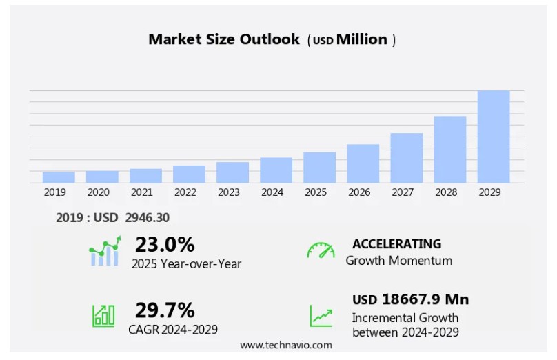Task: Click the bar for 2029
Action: point(494,137)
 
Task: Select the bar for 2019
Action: point(59,177)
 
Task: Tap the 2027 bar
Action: point(407,158)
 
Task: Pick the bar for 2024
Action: point(276,170)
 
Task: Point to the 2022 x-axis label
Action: point(185,192)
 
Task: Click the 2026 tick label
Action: point(359,192)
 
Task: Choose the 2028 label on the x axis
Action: point(446,192)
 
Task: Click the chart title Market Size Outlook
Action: point(224,39)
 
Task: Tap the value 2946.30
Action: point(148,218)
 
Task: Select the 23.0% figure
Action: point(165,244)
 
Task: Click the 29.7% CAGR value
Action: point(165,310)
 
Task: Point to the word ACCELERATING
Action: point(396,243)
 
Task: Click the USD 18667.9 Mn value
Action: point(410,299)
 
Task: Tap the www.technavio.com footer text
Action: point(286,345)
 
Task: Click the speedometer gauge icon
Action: point(321,250)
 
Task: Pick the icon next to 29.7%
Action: point(104,315)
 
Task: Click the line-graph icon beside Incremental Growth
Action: point(321,316)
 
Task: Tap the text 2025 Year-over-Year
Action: point(187,263)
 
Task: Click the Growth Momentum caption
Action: point(399,261)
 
